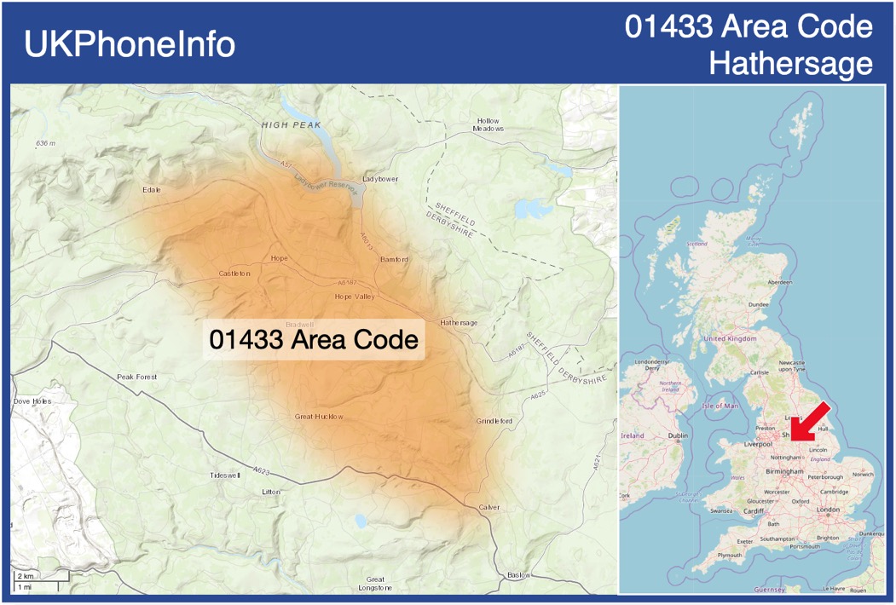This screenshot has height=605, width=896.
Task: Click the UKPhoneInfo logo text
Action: click(130, 44)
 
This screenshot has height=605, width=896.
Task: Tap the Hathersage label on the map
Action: click(459, 323)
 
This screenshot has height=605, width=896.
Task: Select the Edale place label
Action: click(152, 189)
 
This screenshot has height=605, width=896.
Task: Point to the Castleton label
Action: click(234, 274)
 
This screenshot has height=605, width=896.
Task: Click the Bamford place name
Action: click(394, 259)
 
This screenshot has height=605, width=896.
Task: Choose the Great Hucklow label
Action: click(319, 417)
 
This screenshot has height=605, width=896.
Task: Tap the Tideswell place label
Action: click(226, 475)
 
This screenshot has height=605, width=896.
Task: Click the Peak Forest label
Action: click(137, 377)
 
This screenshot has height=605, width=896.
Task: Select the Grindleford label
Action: click(494, 421)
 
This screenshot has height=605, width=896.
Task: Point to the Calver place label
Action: click(488, 507)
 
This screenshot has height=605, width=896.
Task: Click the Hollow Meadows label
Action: click(488, 124)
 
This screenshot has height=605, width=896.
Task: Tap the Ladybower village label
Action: click(380, 179)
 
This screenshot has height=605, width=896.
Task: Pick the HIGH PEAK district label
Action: click(292, 124)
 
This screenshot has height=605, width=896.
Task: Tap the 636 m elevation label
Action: click(45, 143)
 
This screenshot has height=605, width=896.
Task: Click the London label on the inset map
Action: click(828, 510)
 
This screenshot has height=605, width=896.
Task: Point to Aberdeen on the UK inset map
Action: click(779, 281)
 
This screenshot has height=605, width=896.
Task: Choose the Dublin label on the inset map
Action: click(678, 436)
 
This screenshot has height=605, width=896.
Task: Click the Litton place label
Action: click(271, 493)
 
